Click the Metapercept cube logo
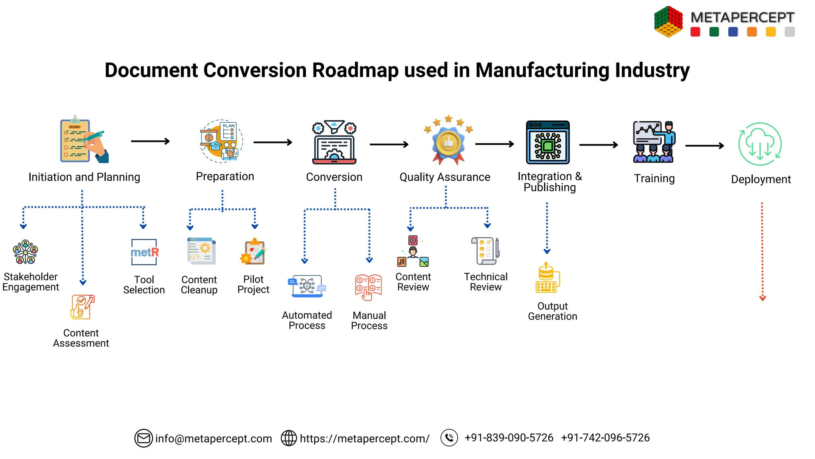[668, 22]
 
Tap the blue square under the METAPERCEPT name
[733, 32]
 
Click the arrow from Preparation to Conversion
[273, 142]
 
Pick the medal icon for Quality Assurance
[448, 141]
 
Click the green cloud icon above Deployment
[760, 144]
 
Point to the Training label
[654, 178]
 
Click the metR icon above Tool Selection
[144, 252]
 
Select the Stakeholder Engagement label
[31, 282]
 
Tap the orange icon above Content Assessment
[82, 307]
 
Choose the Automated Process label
[307, 320]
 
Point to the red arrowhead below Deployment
[762, 298]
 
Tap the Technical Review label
[485, 282]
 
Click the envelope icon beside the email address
[143, 438]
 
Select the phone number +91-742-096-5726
[605, 437]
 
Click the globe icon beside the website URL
[289, 438]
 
